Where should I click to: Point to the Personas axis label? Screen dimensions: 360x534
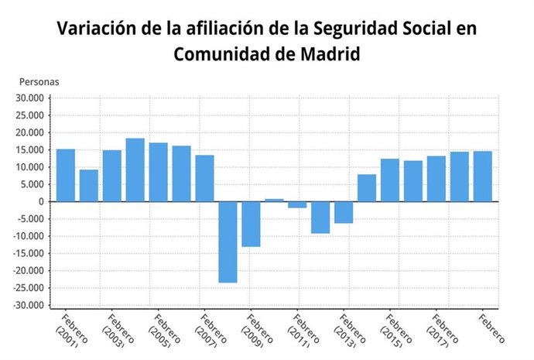[39, 81]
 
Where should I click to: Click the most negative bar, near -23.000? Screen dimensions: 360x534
[228, 242]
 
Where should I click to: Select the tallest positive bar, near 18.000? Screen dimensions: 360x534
[135, 170]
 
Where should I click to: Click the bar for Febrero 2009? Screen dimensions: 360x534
[251, 224]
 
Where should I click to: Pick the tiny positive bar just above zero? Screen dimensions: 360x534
[274, 200]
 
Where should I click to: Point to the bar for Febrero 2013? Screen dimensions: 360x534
[344, 212]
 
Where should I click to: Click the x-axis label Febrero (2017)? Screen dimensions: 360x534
[440, 330]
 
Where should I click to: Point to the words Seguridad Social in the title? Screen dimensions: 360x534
[363, 30]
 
